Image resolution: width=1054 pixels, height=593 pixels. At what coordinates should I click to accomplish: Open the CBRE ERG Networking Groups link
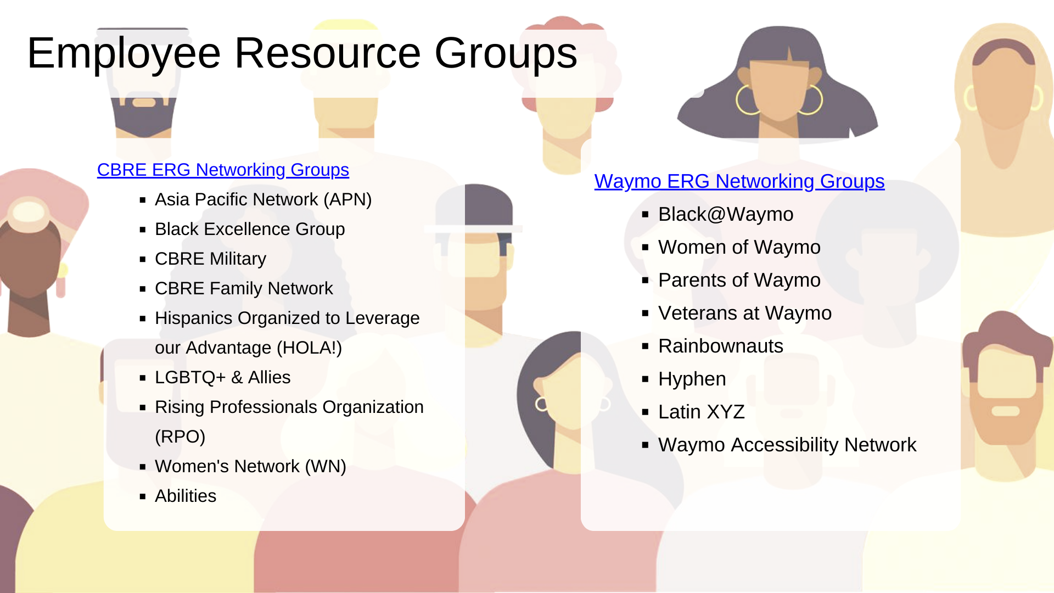(223, 170)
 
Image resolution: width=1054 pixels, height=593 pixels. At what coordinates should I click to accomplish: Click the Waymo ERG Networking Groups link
(739, 181)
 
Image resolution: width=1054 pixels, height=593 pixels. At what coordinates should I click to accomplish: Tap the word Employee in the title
(124, 54)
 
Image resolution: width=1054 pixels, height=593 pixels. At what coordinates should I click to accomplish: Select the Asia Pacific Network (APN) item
(263, 199)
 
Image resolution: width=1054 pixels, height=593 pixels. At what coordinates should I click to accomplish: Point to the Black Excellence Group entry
(250, 229)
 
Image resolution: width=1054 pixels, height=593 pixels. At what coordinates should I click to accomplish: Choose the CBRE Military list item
(210, 259)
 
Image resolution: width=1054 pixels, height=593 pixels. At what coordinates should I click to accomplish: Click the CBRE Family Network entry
(244, 288)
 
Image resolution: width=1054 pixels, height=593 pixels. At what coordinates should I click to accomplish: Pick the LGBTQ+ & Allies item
(222, 377)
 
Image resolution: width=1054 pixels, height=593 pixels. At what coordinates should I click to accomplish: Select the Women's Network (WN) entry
(250, 466)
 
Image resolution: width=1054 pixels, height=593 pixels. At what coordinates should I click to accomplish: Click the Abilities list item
(186, 496)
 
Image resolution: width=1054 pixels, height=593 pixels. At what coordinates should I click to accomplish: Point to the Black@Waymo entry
(726, 214)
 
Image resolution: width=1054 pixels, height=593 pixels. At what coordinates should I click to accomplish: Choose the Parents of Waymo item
(739, 280)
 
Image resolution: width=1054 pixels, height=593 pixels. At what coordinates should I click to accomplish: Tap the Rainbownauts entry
(721, 346)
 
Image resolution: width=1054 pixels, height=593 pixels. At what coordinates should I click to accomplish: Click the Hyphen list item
(692, 379)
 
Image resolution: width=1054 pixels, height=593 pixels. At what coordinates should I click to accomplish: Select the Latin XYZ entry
(702, 412)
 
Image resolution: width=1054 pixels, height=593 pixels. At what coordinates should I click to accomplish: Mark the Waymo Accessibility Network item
(787, 445)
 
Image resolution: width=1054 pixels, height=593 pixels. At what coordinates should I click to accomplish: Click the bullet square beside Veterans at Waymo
(646, 314)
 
